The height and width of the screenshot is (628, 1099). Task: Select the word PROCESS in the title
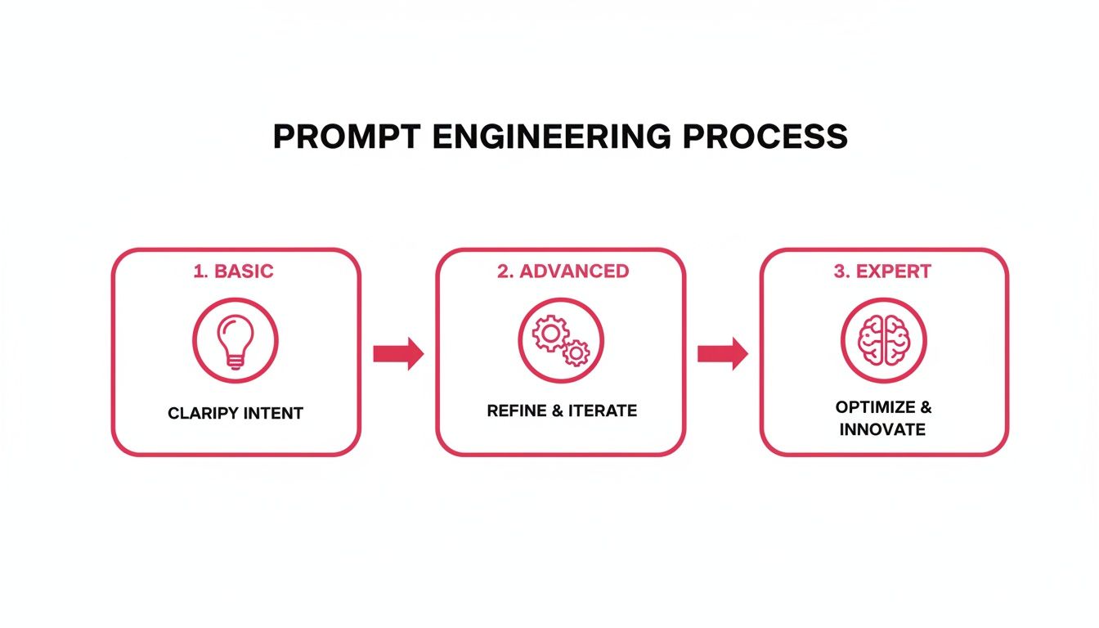click(765, 137)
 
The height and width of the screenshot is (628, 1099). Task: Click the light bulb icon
click(235, 339)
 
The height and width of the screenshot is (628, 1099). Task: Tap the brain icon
click(883, 339)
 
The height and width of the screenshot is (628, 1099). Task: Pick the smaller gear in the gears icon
click(576, 352)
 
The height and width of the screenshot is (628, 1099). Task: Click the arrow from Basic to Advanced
click(398, 353)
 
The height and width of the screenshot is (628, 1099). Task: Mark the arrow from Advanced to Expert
click(722, 353)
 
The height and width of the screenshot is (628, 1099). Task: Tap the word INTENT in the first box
click(271, 414)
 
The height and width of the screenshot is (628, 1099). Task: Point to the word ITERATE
click(604, 410)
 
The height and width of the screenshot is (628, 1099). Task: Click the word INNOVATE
click(882, 429)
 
